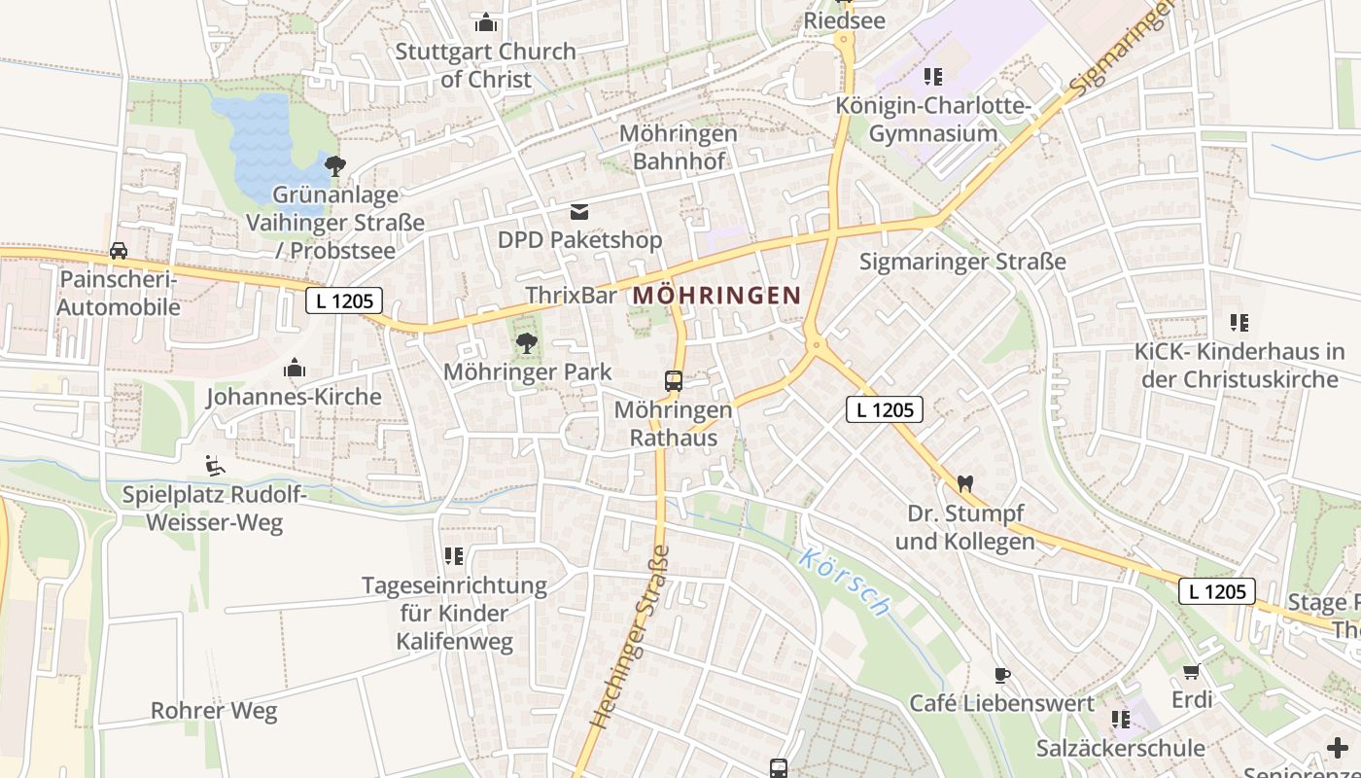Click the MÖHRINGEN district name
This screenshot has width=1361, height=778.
click(x=717, y=296)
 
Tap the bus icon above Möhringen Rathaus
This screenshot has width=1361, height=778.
click(x=674, y=380)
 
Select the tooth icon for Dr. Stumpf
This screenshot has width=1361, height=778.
click(x=964, y=482)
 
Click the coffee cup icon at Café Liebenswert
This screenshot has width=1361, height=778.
click(x=1002, y=674)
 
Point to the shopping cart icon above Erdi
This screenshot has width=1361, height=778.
click(x=1191, y=671)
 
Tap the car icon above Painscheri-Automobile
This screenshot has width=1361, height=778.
click(x=119, y=250)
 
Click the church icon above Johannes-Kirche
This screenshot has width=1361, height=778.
click(x=294, y=368)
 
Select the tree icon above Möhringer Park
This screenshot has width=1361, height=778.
click(x=527, y=342)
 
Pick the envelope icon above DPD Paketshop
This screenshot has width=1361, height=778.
click(x=579, y=211)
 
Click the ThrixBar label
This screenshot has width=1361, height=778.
click(x=572, y=295)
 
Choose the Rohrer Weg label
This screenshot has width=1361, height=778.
click(x=214, y=711)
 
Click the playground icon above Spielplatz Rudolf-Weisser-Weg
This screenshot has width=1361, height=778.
click(x=215, y=466)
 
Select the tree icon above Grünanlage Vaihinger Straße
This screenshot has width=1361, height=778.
click(x=335, y=165)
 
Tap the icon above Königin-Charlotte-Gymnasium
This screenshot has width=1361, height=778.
click(x=933, y=76)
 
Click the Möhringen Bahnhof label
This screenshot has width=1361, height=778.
click(x=679, y=147)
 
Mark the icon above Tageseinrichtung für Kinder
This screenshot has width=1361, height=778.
click(x=454, y=556)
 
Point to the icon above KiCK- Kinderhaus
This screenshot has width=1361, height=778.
click(x=1239, y=322)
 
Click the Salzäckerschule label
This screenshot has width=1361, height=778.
click(x=1120, y=748)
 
